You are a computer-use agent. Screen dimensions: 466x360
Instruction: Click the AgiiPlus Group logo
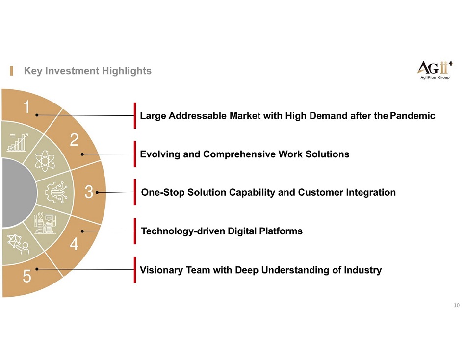[x=435, y=70]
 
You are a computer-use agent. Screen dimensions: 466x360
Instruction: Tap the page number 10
[x=457, y=305]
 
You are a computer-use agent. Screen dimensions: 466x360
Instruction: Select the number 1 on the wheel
[x=27, y=107]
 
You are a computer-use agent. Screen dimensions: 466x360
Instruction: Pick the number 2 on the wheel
[x=74, y=139]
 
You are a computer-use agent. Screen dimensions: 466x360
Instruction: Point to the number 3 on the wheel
[x=89, y=192]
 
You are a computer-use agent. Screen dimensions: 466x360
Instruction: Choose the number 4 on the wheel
[x=74, y=244]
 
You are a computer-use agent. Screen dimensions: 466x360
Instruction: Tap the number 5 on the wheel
[x=27, y=276]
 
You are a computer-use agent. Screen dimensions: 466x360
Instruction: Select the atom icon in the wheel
[x=45, y=161]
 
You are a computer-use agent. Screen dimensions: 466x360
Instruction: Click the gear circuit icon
[x=56, y=192]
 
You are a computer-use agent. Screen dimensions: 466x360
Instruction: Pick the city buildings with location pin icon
[x=45, y=223]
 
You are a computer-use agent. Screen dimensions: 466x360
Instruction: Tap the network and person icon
[x=18, y=244]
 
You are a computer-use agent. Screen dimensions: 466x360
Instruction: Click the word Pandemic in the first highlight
[x=413, y=116]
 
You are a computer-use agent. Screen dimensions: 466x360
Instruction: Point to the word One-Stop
[x=163, y=193]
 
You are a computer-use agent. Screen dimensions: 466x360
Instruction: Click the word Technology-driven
[x=183, y=231]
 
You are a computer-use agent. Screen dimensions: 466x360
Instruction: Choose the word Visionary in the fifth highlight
[x=161, y=270]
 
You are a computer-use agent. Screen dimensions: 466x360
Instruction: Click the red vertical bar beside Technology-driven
[x=135, y=231]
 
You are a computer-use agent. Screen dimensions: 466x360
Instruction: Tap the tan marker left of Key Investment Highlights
[x=11, y=71]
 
